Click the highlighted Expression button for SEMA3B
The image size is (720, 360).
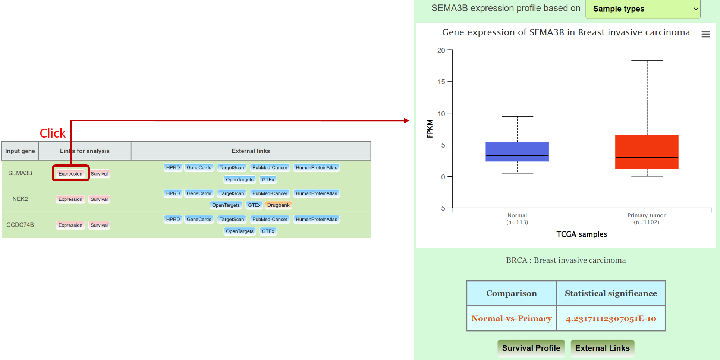click(x=70, y=174)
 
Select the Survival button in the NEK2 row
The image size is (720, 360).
click(x=99, y=199)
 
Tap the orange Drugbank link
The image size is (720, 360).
click(x=278, y=205)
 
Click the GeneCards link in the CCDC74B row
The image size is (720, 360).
click(x=199, y=219)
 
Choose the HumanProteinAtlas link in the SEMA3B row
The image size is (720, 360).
click(x=316, y=168)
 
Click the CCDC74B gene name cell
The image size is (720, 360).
click(x=20, y=225)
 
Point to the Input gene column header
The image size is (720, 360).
click(x=20, y=151)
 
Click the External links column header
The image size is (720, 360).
click(x=251, y=151)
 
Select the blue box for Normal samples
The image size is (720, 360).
click(x=517, y=152)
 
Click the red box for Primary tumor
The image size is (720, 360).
click(x=647, y=152)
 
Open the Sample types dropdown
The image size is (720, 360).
click(x=643, y=9)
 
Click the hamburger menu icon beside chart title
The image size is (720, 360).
click(x=705, y=34)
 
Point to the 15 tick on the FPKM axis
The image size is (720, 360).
click(x=441, y=82)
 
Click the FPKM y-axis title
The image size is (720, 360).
click(x=430, y=129)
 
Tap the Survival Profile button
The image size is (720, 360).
click(x=531, y=348)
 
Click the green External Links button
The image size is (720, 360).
click(x=602, y=348)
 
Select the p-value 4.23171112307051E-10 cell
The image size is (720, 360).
click(x=611, y=319)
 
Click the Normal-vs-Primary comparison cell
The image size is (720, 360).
click(x=511, y=319)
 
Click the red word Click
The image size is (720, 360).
click(x=53, y=133)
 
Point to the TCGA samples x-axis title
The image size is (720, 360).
click(x=582, y=234)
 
